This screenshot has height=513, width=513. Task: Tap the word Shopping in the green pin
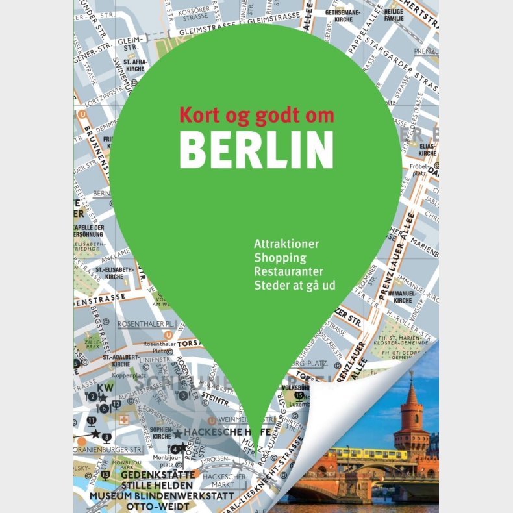[x=280, y=258]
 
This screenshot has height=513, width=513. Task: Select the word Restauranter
[x=289, y=271]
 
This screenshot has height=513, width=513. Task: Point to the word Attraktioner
[x=287, y=244]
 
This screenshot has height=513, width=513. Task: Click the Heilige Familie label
[x=394, y=16]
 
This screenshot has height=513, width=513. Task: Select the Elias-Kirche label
[x=427, y=150]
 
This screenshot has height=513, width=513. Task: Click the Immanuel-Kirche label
[x=403, y=296]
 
